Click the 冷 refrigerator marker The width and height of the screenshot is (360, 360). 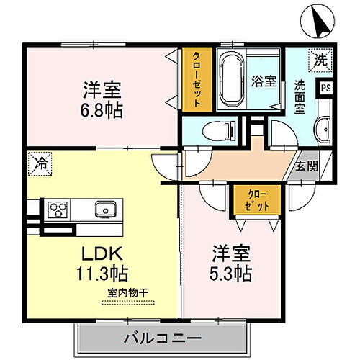pyautogui.click(x=38, y=162)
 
